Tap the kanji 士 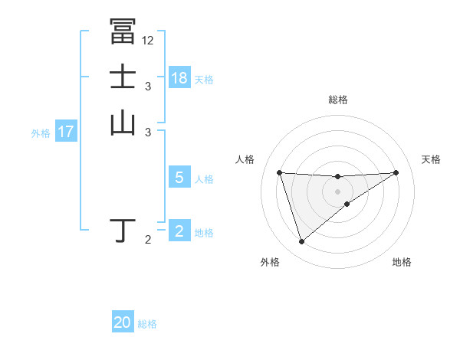pyautogui.click(x=123, y=78)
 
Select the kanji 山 pyautogui.click(x=123, y=123)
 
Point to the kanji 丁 pyautogui.click(x=124, y=231)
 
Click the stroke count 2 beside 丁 pyautogui.click(x=148, y=241)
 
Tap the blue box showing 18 pyautogui.click(x=179, y=78)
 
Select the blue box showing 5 pyautogui.click(x=179, y=178)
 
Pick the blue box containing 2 pyautogui.click(x=179, y=231)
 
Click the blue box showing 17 pyautogui.click(x=66, y=132)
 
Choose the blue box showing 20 pyautogui.click(x=123, y=323)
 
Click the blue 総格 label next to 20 pyautogui.click(x=147, y=324)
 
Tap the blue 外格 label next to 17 pyautogui.click(x=41, y=133)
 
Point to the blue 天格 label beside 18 pyautogui.click(x=204, y=79)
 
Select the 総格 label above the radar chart pyautogui.click(x=337, y=100)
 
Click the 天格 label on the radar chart pyautogui.click(x=431, y=159)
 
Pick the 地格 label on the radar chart pyautogui.click(x=402, y=263)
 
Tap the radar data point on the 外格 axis pyautogui.click(x=301, y=242)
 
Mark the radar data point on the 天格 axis pyautogui.click(x=396, y=172)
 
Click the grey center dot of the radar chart pyautogui.click(x=337, y=191)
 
